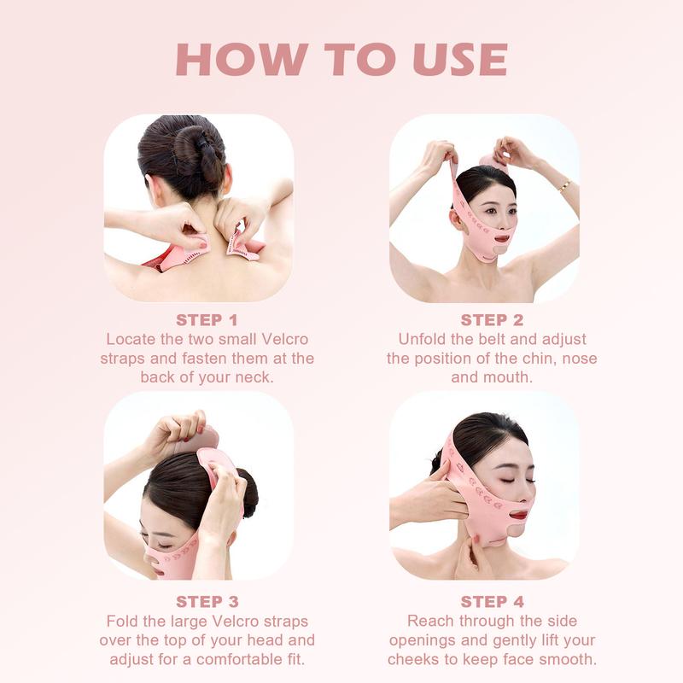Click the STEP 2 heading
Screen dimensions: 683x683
[492, 320]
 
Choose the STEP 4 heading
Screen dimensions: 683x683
[492, 602]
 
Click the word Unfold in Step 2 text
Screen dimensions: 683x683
[424, 339]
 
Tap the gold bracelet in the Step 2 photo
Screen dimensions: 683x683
[564, 185]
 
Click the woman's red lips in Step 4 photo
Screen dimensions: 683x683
[517, 514]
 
